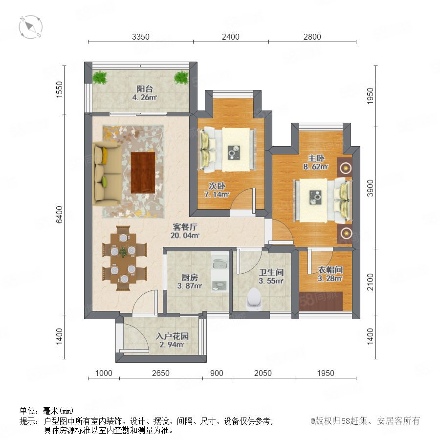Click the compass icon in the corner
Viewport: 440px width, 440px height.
click(31, 27)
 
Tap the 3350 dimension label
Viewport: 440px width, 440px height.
click(141, 37)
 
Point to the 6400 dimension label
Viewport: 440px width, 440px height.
click(59, 215)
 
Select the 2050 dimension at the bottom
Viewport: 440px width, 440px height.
click(263, 373)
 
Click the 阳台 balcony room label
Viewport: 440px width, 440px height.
click(145, 89)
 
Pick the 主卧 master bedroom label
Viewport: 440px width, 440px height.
click(316, 158)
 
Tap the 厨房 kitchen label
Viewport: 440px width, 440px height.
click(190, 278)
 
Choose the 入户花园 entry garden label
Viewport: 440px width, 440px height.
click(172, 336)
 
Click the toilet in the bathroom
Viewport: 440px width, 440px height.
click(254, 298)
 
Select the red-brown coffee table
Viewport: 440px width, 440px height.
click(143, 173)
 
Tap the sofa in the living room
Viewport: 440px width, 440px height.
click(107, 174)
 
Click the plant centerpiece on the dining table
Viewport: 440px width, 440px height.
click(123, 252)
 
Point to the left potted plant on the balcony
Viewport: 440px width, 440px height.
click(100, 77)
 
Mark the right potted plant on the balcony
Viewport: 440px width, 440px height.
click(181, 77)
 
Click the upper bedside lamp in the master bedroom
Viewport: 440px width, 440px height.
click(346, 168)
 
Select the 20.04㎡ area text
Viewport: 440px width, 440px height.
click(185, 235)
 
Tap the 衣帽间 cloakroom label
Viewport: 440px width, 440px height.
click(330, 270)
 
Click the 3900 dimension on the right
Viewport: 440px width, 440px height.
click(371, 188)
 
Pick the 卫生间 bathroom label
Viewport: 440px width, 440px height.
click(271, 272)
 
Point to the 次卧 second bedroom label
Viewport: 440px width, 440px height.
click(217, 186)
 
